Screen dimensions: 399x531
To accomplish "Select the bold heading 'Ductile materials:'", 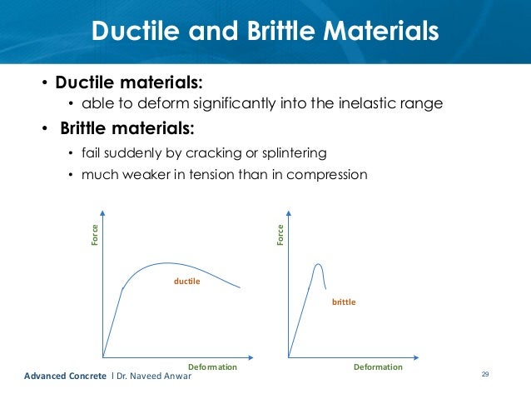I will tap(129, 83).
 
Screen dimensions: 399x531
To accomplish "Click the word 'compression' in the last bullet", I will tap(328, 175).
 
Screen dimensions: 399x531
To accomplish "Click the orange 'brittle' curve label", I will tap(344, 302).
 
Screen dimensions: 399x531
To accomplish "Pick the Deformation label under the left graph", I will tap(212, 367).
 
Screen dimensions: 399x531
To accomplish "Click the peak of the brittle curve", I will tap(317, 264).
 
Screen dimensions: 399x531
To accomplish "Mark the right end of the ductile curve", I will tap(241, 289).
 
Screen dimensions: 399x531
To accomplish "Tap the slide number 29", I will tap(485, 375).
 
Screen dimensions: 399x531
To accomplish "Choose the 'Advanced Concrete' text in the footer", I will tap(60, 377).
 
